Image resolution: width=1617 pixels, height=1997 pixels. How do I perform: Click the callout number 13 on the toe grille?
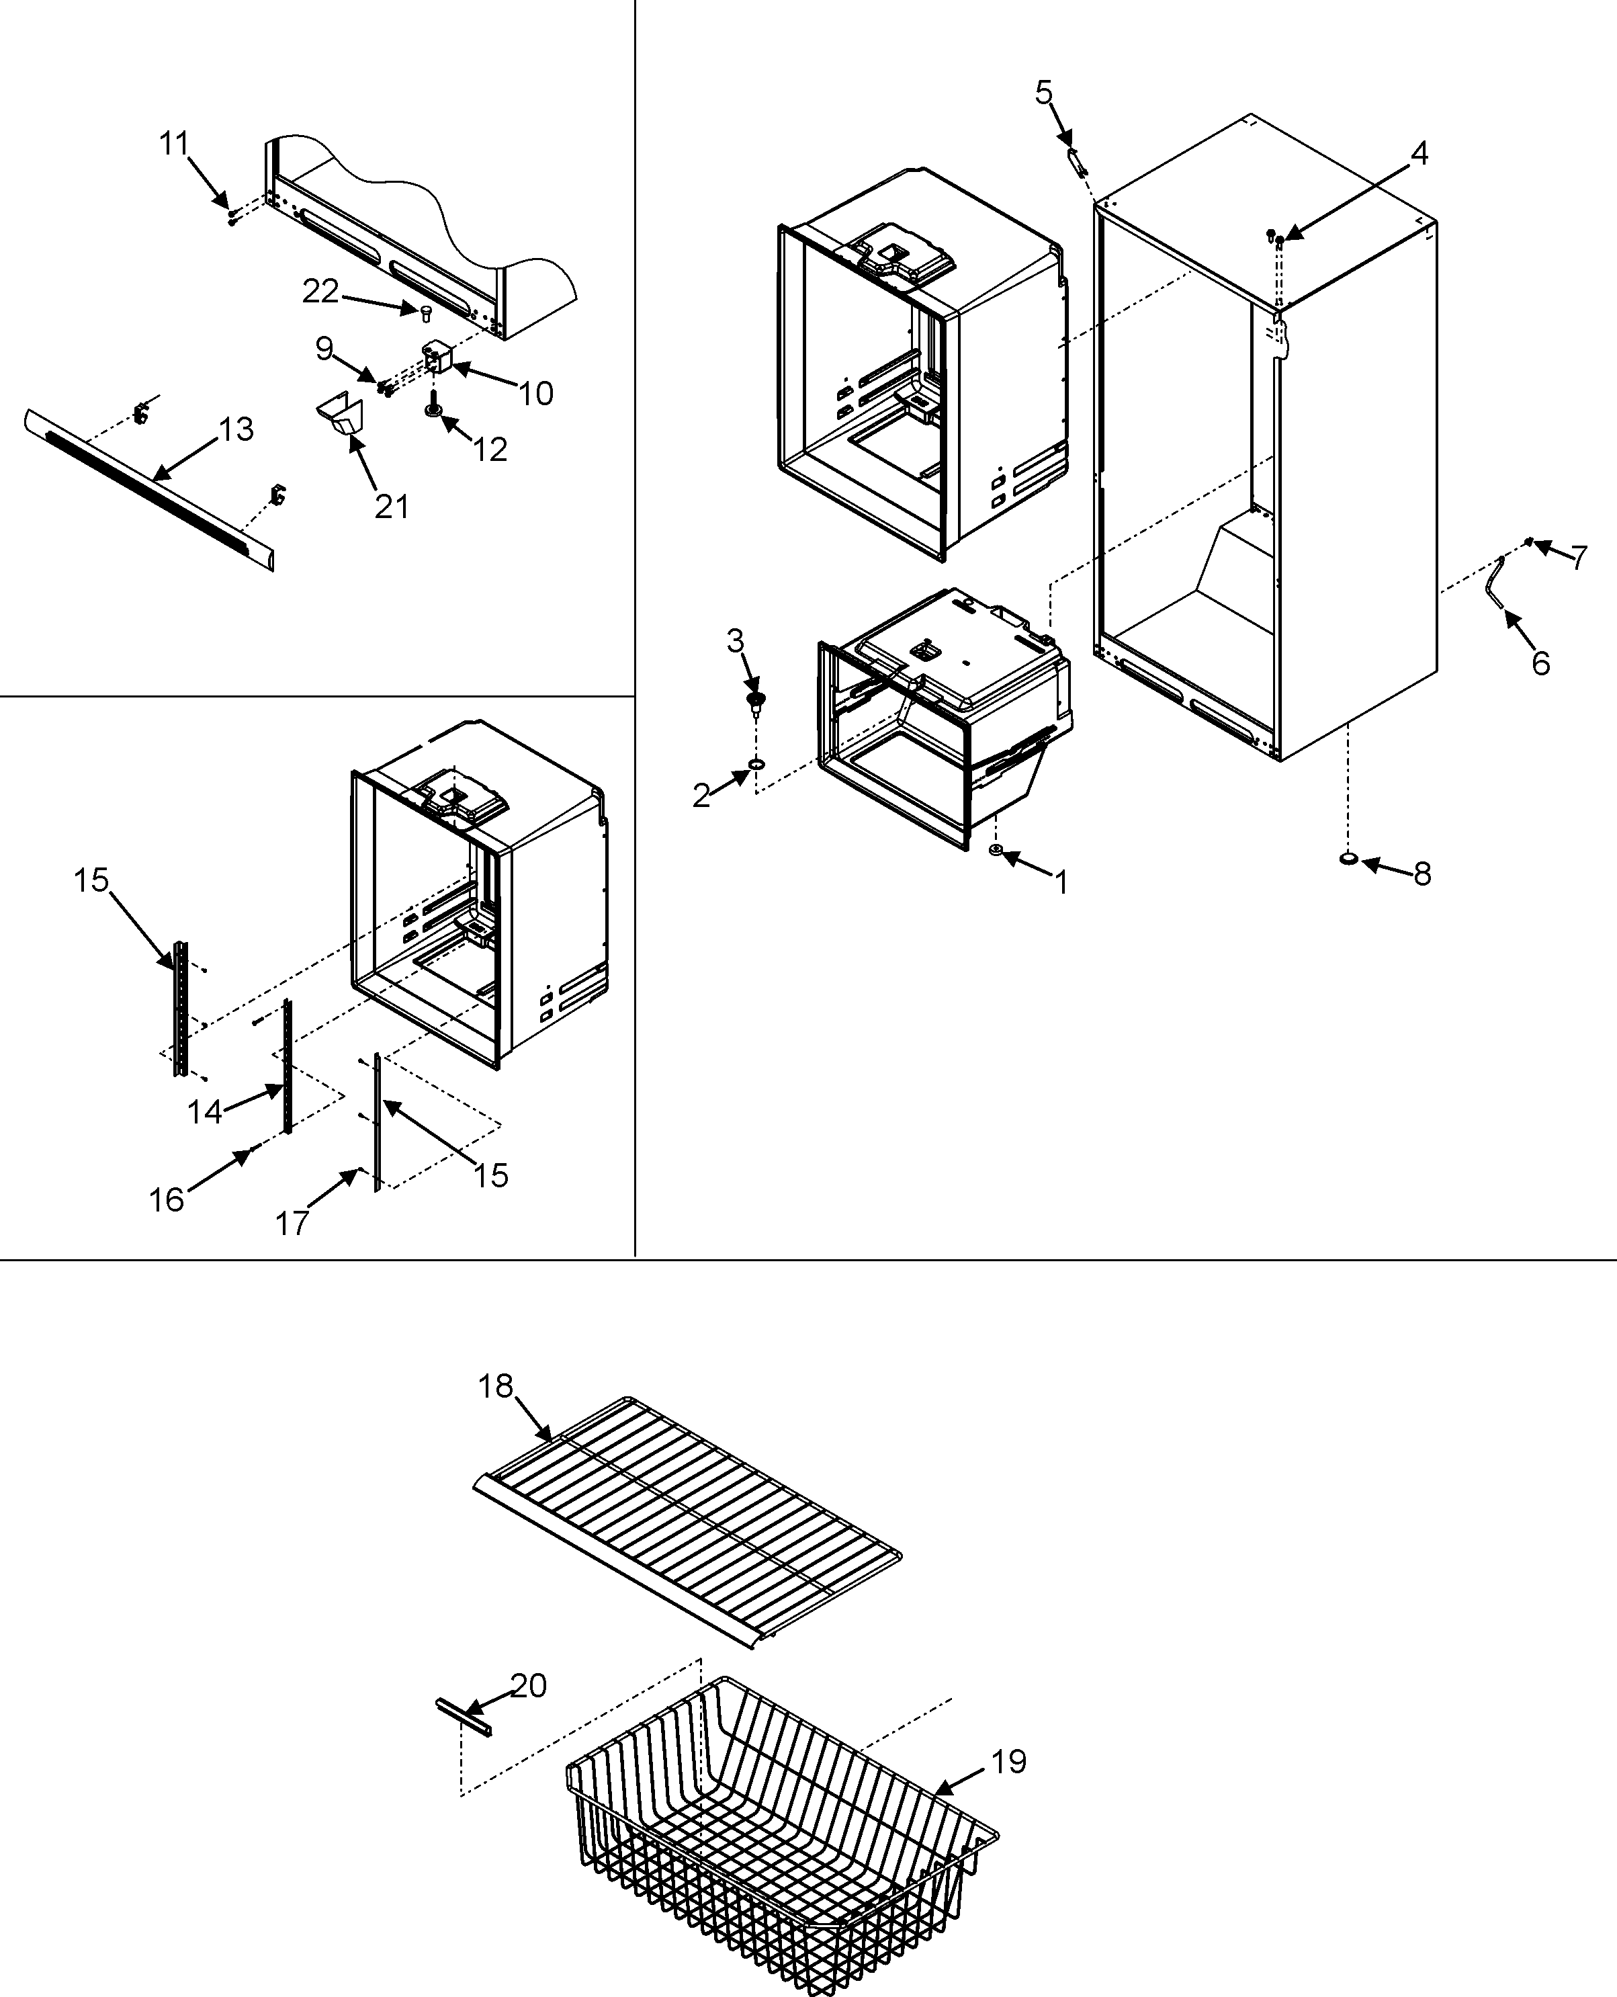pos(236,429)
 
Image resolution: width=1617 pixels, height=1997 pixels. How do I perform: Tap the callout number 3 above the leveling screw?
pos(735,641)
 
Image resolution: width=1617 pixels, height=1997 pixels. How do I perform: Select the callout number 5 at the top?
pos(1043,93)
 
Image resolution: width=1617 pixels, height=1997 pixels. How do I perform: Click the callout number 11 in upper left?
pos(174,144)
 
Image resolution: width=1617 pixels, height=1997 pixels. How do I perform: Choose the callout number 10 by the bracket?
pos(535,394)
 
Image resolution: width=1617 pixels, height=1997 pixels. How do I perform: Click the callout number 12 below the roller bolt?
pos(489,450)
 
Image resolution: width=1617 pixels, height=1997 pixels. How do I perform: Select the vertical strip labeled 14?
pos(287,1066)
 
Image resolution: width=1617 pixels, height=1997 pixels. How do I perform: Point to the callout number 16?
pos(167,1201)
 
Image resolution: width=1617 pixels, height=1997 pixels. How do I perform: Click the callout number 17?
pos(292,1223)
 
